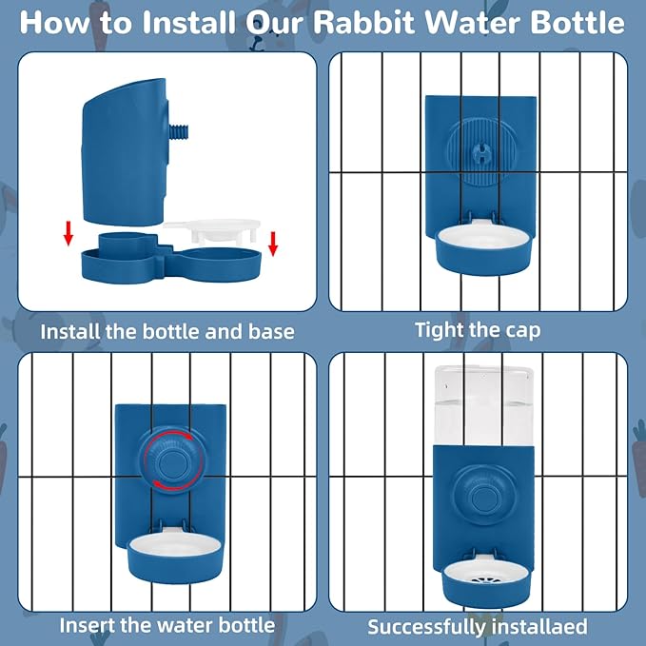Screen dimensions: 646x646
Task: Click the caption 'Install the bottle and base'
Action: (x=166, y=332)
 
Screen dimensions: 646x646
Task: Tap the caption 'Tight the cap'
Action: (x=478, y=330)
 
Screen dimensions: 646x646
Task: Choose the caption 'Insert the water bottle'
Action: (x=166, y=625)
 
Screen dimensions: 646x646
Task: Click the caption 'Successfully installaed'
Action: (x=478, y=627)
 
